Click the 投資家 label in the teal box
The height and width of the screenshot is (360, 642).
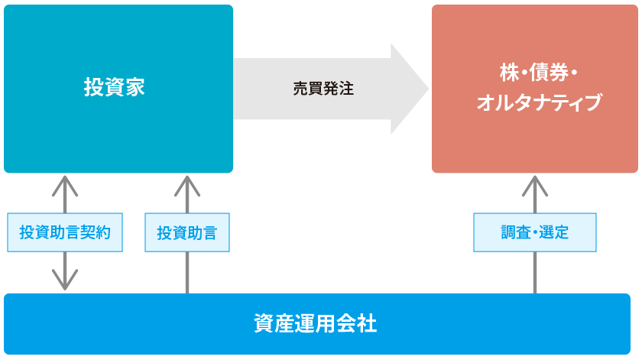(x=114, y=87)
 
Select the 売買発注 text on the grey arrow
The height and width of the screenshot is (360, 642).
(x=323, y=88)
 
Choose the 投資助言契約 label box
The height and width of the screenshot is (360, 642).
(x=65, y=232)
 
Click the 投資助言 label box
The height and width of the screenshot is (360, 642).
(x=187, y=232)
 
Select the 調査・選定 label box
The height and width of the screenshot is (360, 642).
(x=535, y=232)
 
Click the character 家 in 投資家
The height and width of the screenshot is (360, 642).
(x=135, y=87)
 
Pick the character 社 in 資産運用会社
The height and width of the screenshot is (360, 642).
(x=367, y=323)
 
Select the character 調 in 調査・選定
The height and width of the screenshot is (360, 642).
(x=509, y=232)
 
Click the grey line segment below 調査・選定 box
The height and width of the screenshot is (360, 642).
(x=535, y=272)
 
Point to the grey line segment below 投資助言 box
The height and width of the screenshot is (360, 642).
(x=187, y=272)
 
